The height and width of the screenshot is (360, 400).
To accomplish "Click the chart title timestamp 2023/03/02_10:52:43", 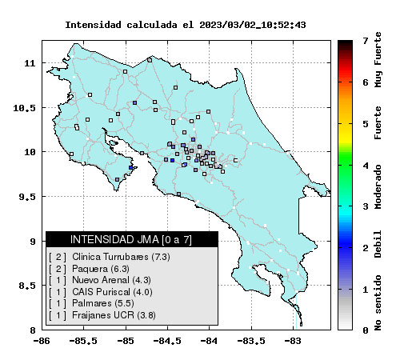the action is (252, 25).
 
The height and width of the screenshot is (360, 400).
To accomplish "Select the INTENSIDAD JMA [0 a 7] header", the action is (131, 239).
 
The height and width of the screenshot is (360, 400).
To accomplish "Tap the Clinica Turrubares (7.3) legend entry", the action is (121, 257).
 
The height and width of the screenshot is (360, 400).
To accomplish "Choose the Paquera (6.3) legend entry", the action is (101, 269).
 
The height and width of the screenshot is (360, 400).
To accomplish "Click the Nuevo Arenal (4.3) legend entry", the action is (111, 280).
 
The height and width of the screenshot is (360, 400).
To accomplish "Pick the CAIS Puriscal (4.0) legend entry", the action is (112, 292).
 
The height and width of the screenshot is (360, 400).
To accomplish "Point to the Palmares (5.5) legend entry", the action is (103, 303).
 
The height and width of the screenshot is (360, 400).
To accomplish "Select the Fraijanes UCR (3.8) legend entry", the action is (114, 315).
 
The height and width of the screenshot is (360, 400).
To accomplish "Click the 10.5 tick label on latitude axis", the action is (24, 108).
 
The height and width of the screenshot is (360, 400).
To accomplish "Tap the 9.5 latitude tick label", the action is (27, 197).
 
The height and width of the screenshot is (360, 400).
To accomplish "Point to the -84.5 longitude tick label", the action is (167, 341).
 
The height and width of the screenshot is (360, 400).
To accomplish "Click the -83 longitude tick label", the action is (293, 341).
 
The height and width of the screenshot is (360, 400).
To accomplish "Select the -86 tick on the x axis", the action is (42, 341).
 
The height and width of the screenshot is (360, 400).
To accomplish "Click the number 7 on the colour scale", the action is (366, 41).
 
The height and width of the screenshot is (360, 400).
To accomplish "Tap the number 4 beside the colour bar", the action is (366, 166).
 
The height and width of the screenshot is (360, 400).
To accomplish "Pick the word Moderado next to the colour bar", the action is (378, 187).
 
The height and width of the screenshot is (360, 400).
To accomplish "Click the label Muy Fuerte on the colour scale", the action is (378, 60).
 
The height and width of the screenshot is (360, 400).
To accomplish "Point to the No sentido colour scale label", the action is (378, 302).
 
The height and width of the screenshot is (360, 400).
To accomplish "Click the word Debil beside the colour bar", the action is (378, 244).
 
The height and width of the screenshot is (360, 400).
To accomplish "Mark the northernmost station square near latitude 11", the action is (150, 60).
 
